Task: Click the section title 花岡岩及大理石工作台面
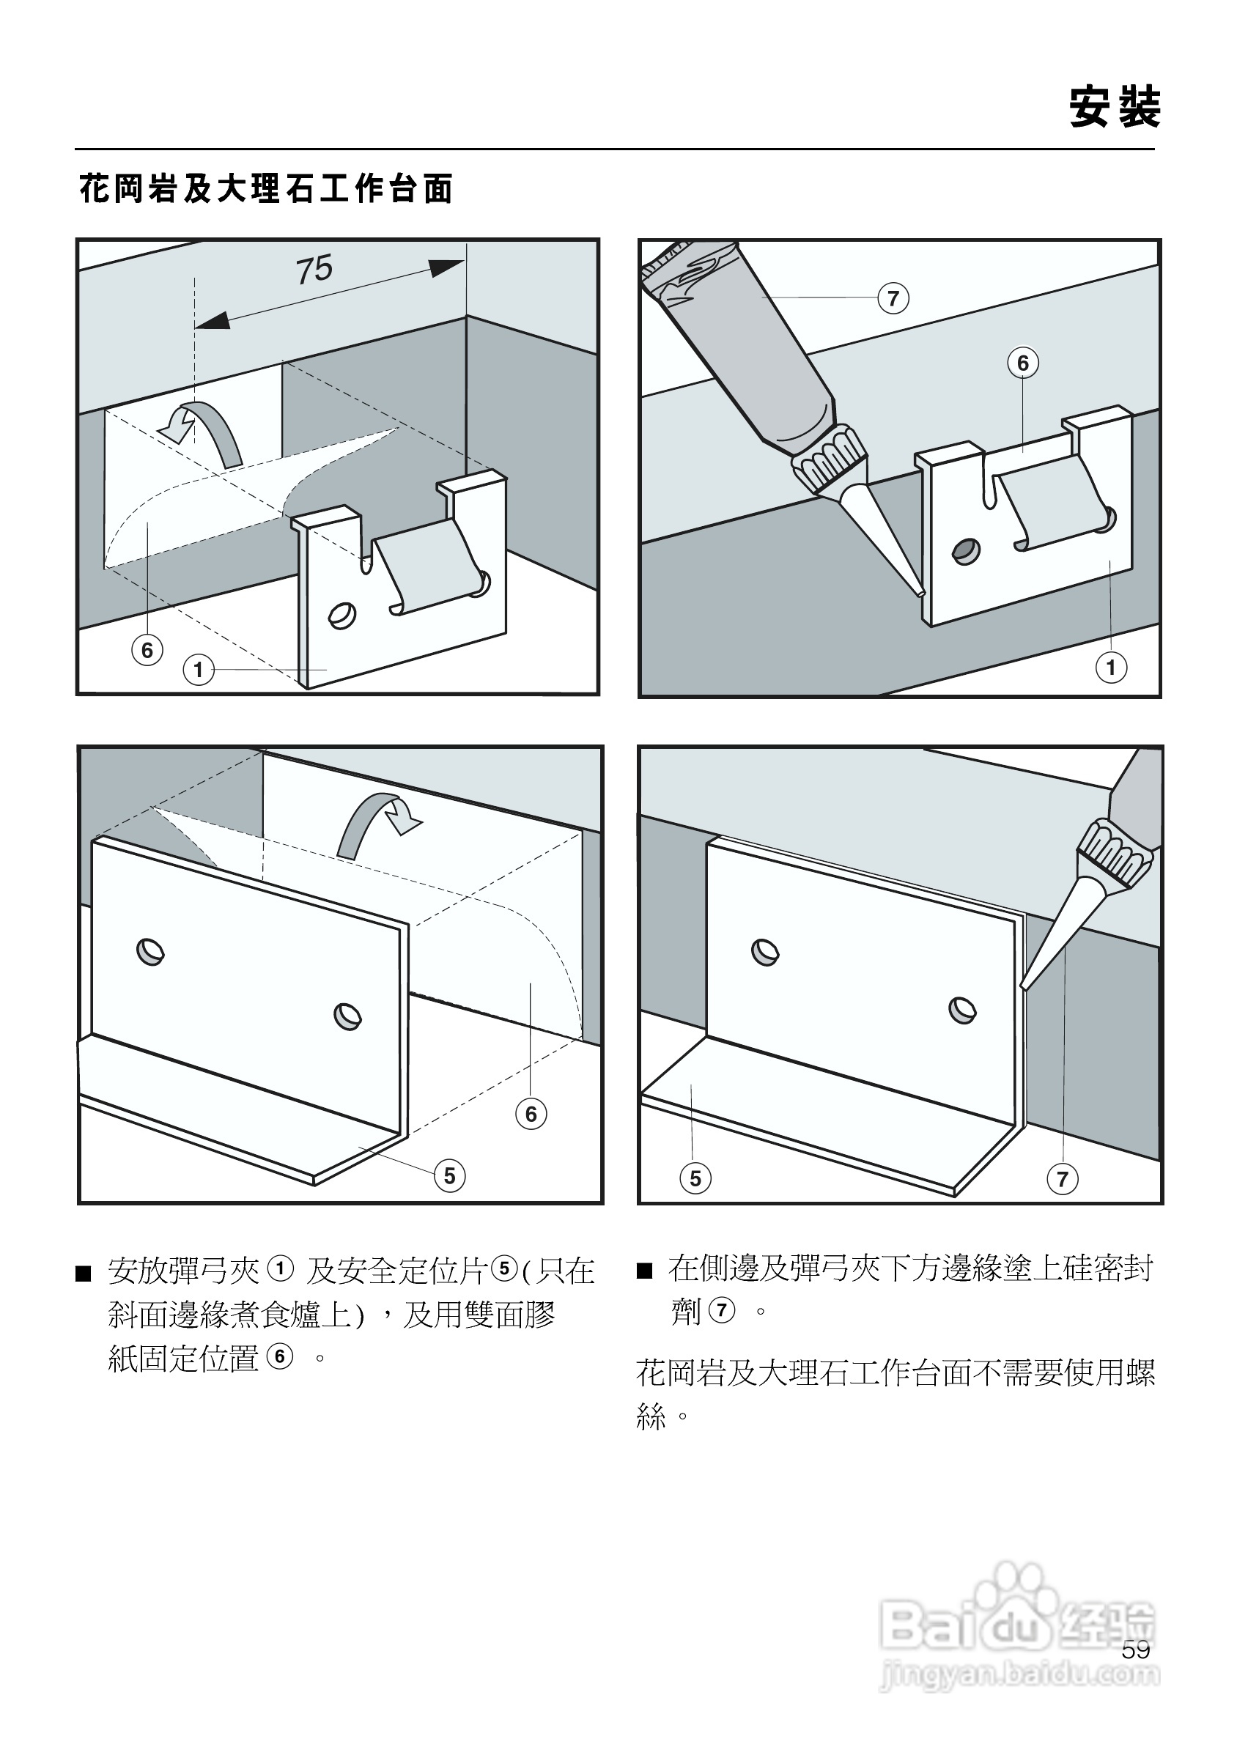coord(266,188)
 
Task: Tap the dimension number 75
coord(314,270)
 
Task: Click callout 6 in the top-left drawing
coord(147,650)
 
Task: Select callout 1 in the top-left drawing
coord(199,670)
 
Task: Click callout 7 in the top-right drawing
coord(893,298)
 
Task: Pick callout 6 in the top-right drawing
coord(1023,363)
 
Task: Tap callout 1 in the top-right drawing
coord(1110,668)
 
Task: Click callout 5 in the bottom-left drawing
coord(449,1175)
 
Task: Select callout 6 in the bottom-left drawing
coord(531,1114)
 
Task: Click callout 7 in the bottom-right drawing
coord(1063,1179)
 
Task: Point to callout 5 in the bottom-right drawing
coord(695,1178)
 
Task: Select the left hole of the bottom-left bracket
coord(150,952)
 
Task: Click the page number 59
coord(1136,1649)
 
